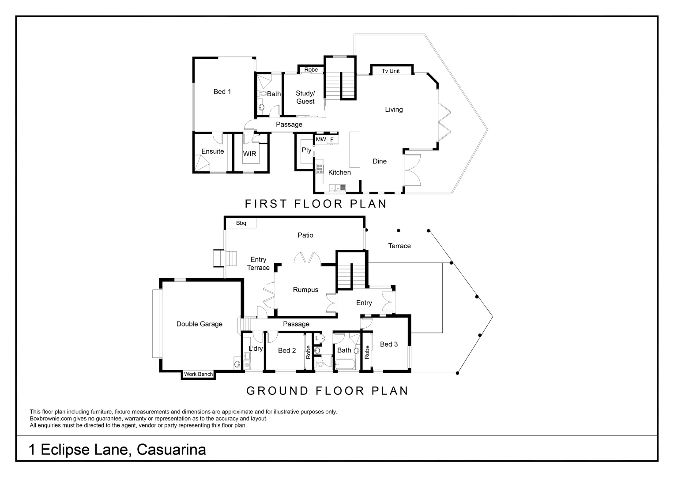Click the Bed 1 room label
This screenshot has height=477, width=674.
coord(222,91)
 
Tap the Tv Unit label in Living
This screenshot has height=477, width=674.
coord(391,71)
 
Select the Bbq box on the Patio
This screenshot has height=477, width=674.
coord(241,223)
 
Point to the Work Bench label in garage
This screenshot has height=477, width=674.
coord(198,374)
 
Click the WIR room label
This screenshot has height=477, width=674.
coord(249,154)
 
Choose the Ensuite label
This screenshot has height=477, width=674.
coord(212,151)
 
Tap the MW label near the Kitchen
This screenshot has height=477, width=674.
coord(321,140)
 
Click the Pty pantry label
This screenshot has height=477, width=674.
coord(306,150)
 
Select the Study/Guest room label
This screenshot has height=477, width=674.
coord(305,97)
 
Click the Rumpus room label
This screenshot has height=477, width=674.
coord(305,290)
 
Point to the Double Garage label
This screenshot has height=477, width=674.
coord(199,324)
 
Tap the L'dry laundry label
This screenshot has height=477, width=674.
coord(256,348)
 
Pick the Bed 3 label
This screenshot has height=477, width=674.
coord(388,344)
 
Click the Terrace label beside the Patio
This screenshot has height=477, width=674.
coord(399,246)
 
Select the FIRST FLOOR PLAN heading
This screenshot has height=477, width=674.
coord(316,204)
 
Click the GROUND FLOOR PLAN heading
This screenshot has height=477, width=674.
coord(327,390)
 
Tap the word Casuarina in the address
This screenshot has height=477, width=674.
coord(171,450)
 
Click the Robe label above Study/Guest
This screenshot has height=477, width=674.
coord(311,70)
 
